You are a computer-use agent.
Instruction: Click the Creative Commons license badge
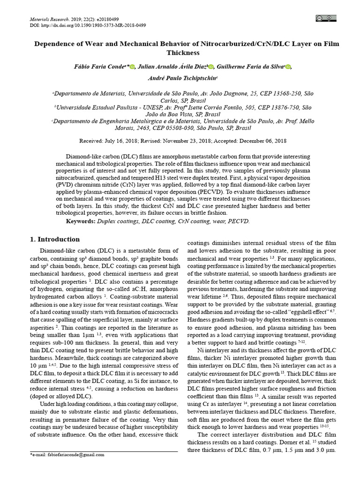(x=327, y=18)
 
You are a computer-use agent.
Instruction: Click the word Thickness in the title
(x=187, y=52)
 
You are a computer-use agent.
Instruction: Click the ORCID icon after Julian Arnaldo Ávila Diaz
(x=210, y=67)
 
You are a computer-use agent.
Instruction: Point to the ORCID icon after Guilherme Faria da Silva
(x=288, y=67)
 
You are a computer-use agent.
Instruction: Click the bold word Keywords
(x=81, y=220)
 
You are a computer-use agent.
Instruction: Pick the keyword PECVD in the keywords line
(x=240, y=220)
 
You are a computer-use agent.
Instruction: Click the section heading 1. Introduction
(x=55, y=239)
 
